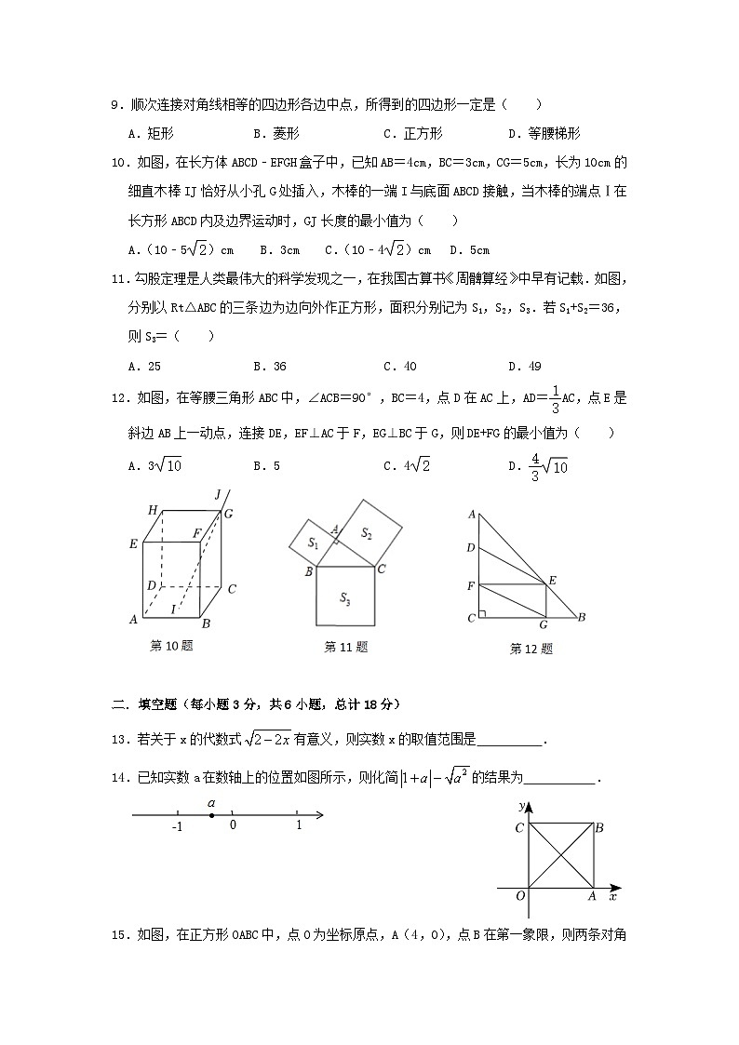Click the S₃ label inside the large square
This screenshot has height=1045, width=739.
pyautogui.click(x=344, y=597)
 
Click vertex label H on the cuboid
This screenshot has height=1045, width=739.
pyautogui.click(x=152, y=510)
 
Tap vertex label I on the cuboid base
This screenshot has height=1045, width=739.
pyautogui.click(x=172, y=609)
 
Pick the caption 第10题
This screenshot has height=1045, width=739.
pyautogui.click(x=171, y=646)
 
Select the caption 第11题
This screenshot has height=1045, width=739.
pyautogui.click(x=345, y=647)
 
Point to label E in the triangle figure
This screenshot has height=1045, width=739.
pyautogui.click(x=551, y=581)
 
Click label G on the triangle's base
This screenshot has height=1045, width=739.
pyautogui.click(x=544, y=624)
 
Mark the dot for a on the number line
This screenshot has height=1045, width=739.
pyautogui.click(x=212, y=816)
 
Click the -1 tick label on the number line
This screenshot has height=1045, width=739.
pyautogui.click(x=176, y=826)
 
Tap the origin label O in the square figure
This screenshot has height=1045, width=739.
pyautogui.click(x=520, y=895)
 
